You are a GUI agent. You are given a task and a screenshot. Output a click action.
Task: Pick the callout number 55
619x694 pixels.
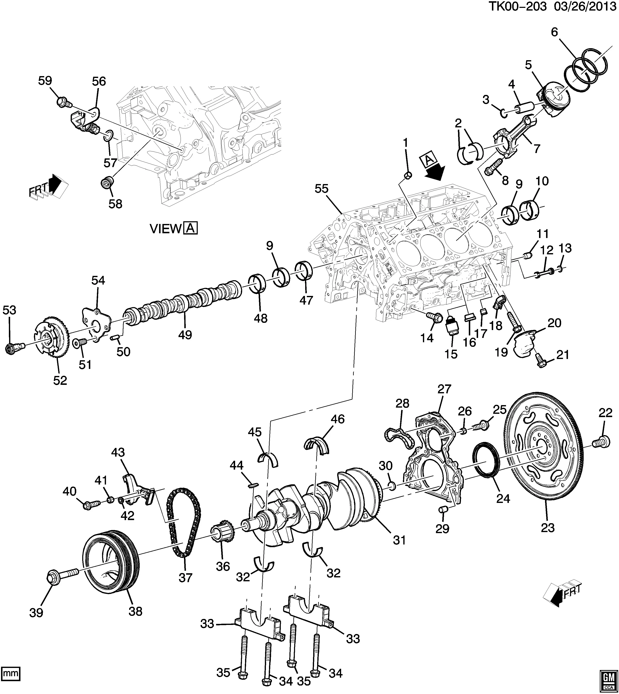coord(321,189)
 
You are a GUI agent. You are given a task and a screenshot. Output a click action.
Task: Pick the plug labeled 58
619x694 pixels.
coord(107,184)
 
